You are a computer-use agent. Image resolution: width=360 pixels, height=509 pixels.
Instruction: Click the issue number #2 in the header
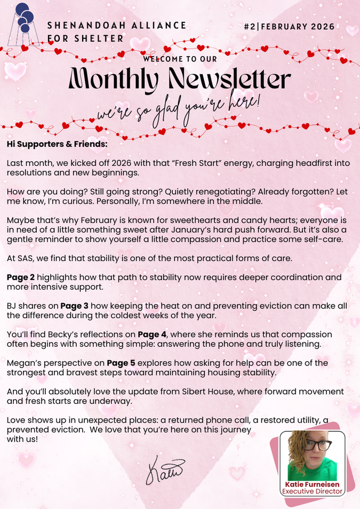pyautogui.click(x=249, y=26)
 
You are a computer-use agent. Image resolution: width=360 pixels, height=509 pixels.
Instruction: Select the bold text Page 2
pyautogui.click(x=20, y=278)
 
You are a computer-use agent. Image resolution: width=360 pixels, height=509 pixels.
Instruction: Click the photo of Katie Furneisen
pyautogui.click(x=312, y=456)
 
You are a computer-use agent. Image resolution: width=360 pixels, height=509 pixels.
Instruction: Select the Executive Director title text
pyautogui.click(x=312, y=492)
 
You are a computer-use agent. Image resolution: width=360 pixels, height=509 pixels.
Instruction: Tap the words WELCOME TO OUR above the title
pyautogui.click(x=180, y=59)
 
